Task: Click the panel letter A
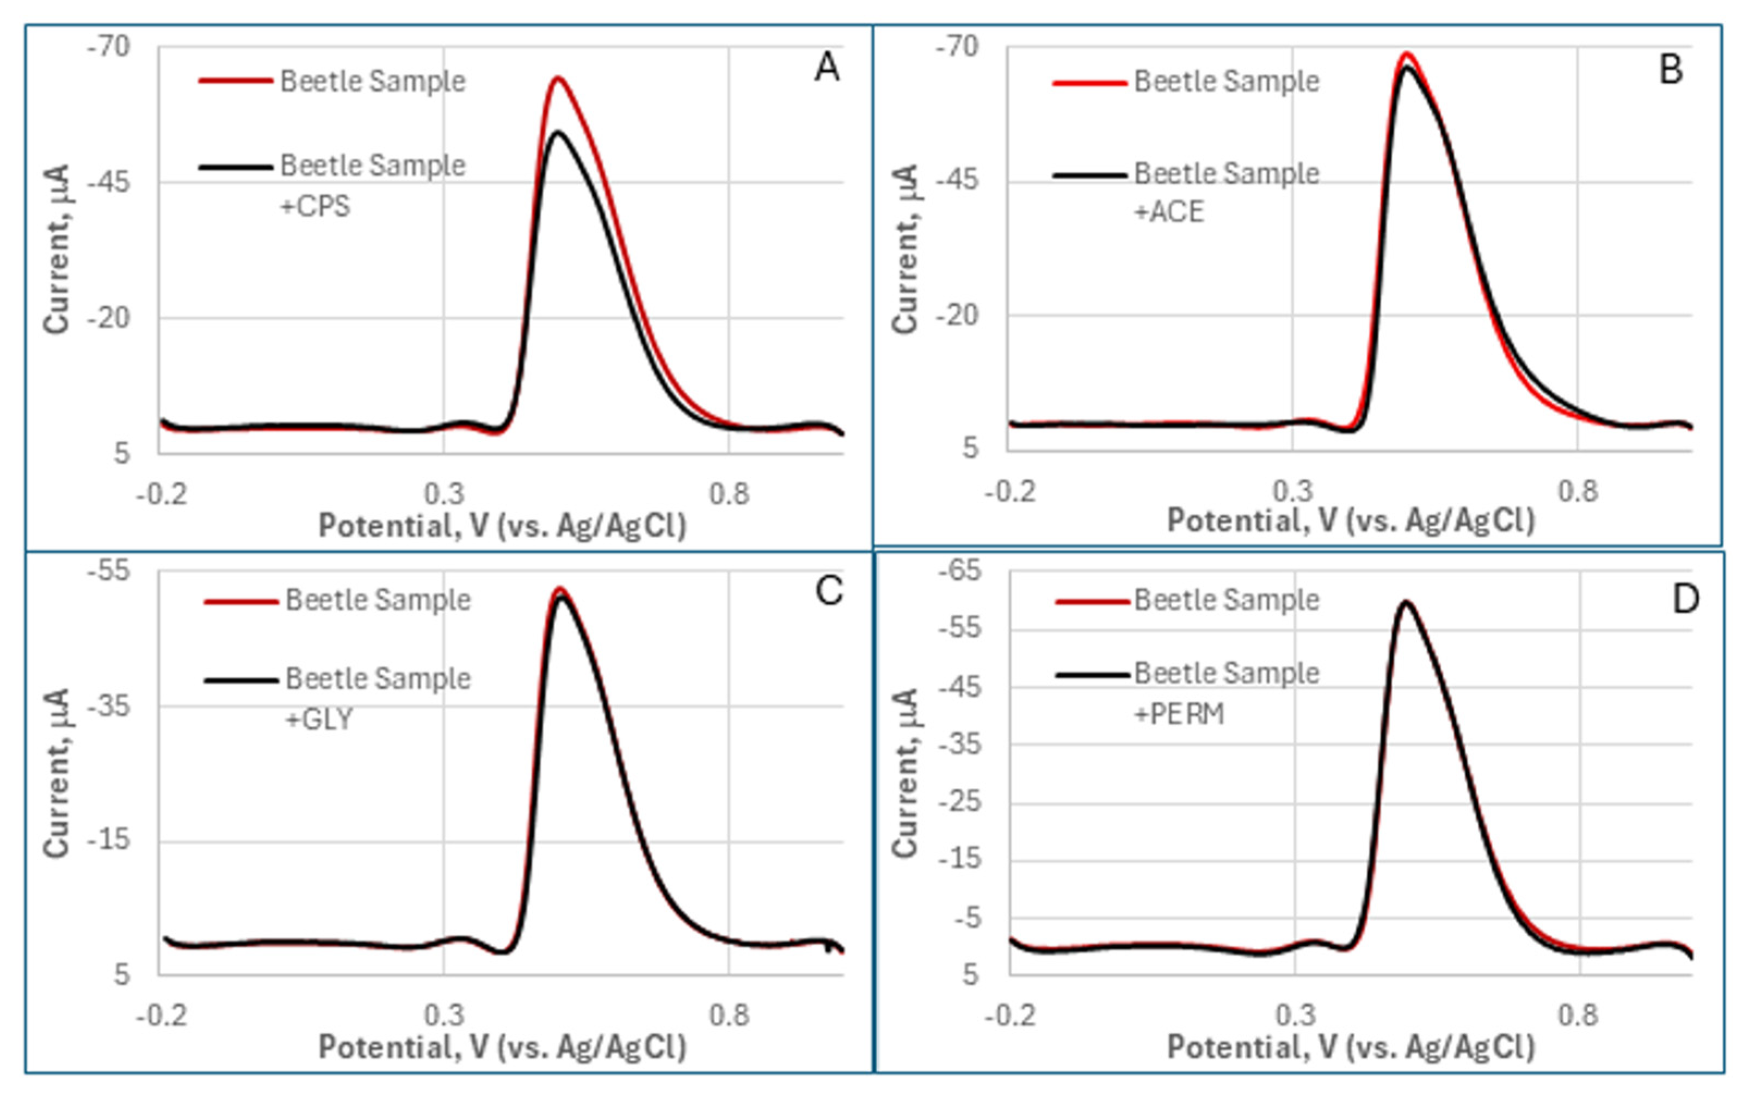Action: [827, 68]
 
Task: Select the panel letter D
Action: [1685, 599]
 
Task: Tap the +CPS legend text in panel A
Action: [315, 207]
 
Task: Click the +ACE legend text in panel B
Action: [1168, 212]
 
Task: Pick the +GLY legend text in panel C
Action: [319, 719]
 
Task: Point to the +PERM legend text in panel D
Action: [1179, 714]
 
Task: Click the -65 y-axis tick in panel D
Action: [960, 570]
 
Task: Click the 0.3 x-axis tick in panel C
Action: [444, 1015]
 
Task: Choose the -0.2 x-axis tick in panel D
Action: [1011, 1015]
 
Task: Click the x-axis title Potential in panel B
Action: [1351, 521]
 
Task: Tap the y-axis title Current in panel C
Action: [57, 773]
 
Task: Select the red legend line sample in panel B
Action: [1090, 83]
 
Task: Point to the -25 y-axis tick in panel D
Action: [960, 802]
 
